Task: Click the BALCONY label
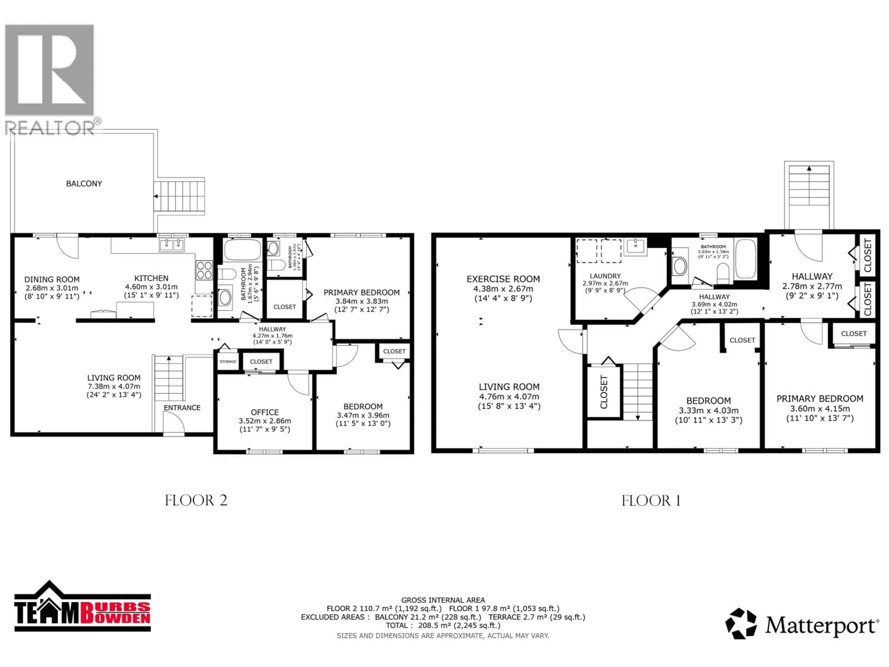84,184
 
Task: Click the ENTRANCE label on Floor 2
182,408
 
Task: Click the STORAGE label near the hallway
228,362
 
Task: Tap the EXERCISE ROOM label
503,279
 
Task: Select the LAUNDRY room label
605,276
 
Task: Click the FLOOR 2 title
196,500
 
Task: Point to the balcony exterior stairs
179,196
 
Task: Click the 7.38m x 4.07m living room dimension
114,386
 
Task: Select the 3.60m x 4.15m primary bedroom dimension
820,409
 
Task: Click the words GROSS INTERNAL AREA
443,600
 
